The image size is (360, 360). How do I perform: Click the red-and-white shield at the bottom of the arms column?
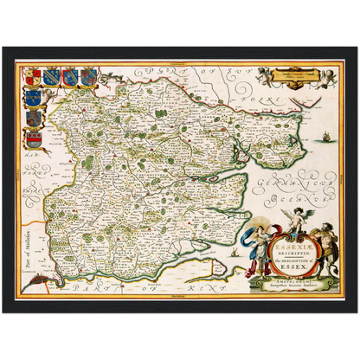tap(34, 136)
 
